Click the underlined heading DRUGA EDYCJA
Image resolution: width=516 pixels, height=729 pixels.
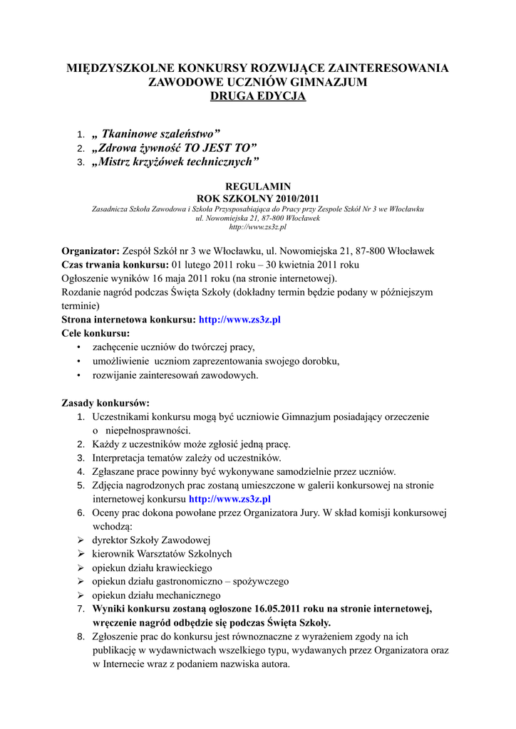click(257, 96)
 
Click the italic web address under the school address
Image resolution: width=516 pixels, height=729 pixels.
click(257, 226)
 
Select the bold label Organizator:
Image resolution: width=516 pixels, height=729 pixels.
click(91, 251)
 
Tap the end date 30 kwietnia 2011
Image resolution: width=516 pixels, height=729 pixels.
click(293, 264)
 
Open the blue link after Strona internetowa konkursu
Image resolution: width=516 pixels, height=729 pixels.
click(239, 320)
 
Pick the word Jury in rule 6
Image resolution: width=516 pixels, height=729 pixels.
click(310, 513)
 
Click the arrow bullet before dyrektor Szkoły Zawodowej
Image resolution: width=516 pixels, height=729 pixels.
click(81, 540)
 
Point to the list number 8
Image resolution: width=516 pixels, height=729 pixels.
click(81, 636)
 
